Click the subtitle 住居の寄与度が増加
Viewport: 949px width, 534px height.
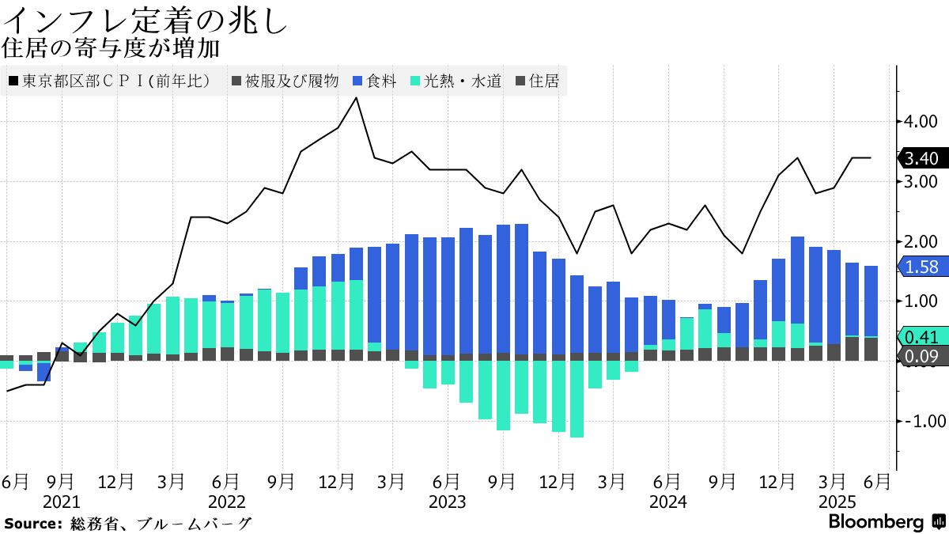pyautogui.click(x=111, y=48)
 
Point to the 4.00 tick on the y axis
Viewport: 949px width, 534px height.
pyautogui.click(x=921, y=122)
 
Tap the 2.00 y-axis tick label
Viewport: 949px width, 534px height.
pyautogui.click(x=921, y=241)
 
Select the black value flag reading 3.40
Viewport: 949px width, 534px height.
pyautogui.click(x=921, y=158)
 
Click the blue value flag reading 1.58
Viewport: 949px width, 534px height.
pyautogui.click(x=921, y=267)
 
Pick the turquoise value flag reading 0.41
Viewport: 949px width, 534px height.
pyautogui.click(x=921, y=336)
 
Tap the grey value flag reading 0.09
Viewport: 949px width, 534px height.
pyautogui.click(x=921, y=357)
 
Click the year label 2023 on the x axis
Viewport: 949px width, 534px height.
pyautogui.click(x=447, y=502)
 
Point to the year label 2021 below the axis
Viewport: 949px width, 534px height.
pyautogui.click(x=61, y=502)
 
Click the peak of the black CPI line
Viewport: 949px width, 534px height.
pyautogui.click(x=356, y=98)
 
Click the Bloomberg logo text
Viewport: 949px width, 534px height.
pyautogui.click(x=876, y=522)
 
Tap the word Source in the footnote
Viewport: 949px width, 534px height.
pyautogui.click(x=32, y=524)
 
